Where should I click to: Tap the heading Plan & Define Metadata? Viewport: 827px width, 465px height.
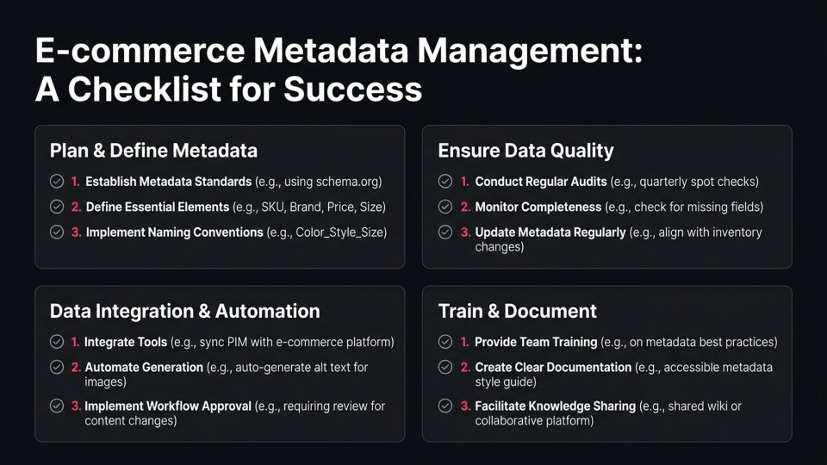tap(153, 151)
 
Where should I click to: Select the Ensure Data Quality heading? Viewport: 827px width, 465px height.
tap(525, 151)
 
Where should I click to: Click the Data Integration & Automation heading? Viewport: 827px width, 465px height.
tap(184, 311)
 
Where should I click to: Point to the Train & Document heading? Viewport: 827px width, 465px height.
tap(517, 311)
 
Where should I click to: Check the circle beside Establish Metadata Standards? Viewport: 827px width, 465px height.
tap(57, 182)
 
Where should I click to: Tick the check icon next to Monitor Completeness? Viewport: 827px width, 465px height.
tap(445, 207)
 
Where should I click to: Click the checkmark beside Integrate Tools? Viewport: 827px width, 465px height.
tap(57, 342)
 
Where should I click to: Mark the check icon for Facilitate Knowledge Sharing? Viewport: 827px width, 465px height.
tap(445, 406)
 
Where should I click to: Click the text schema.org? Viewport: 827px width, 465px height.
tap(350, 182)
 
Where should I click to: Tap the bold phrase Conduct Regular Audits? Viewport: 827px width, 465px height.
tap(541, 182)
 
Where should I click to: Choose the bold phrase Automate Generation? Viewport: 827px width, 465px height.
tap(144, 367)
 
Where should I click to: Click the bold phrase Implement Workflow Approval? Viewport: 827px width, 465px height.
tap(168, 406)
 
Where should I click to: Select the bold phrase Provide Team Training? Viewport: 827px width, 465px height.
tap(535, 342)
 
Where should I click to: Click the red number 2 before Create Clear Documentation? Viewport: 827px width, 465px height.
tap(465, 367)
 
